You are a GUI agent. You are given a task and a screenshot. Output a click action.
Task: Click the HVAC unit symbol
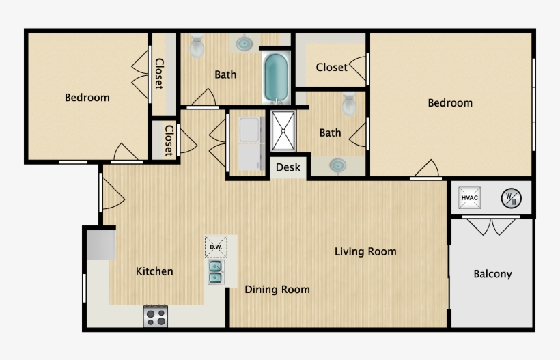click(470, 198)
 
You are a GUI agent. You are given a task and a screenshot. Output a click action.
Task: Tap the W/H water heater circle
click(511, 198)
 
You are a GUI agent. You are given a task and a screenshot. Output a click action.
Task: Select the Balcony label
click(492, 274)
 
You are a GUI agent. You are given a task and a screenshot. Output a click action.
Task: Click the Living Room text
click(365, 251)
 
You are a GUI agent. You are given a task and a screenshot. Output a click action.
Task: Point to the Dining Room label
click(277, 290)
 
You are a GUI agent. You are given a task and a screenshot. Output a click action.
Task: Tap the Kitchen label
click(154, 271)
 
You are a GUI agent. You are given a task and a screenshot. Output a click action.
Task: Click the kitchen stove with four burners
click(156, 316)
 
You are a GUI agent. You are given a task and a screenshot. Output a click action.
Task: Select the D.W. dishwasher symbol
click(216, 247)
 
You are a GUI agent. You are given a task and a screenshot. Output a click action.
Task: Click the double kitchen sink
click(216, 272)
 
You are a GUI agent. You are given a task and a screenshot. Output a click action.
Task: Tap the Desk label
click(288, 167)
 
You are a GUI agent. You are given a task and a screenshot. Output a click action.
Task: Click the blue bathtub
click(276, 78)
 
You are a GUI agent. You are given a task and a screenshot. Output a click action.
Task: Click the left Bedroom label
click(87, 98)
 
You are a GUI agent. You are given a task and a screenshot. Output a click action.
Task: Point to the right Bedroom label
click(450, 103)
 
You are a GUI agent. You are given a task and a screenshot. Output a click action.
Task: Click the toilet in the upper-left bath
click(197, 45)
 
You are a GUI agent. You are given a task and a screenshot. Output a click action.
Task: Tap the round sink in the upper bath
click(243, 43)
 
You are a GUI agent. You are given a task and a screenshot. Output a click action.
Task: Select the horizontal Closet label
click(331, 67)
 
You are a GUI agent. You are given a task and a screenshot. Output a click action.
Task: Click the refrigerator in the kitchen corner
click(99, 244)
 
